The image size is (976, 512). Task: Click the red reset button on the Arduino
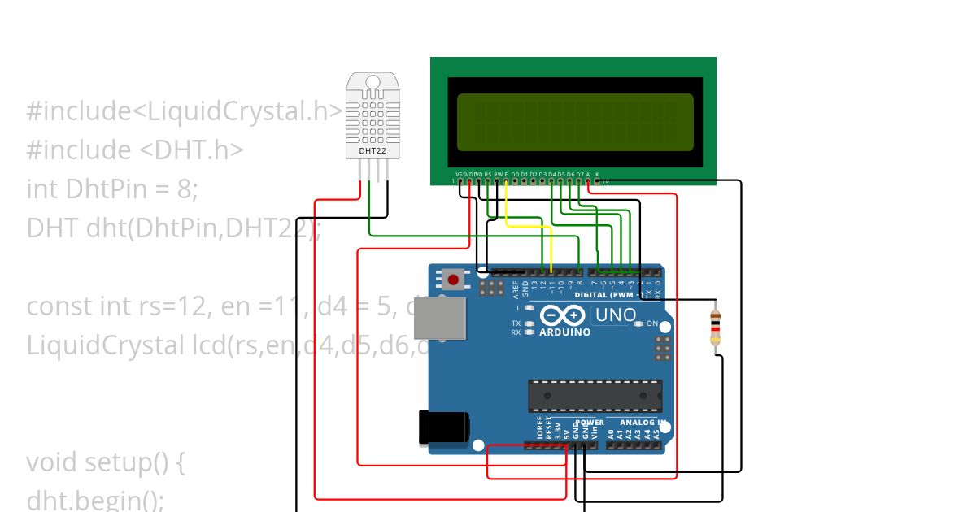(453, 280)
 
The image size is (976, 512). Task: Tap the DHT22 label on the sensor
(373, 150)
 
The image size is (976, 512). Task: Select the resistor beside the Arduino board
(716, 328)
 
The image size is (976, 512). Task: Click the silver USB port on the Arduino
(440, 318)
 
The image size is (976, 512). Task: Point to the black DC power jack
(443, 427)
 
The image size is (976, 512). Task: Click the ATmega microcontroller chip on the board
(595, 395)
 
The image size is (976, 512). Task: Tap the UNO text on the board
(616, 315)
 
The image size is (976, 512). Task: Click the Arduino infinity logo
(561, 315)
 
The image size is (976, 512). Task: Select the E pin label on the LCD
(506, 174)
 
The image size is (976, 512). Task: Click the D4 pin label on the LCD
(551, 174)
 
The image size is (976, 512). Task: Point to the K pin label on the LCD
(597, 174)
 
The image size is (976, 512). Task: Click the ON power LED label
(651, 323)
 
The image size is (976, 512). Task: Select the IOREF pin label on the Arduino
(539, 429)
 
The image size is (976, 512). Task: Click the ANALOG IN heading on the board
(643, 423)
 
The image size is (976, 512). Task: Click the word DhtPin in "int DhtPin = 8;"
(108, 189)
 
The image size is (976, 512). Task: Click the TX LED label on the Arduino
(516, 323)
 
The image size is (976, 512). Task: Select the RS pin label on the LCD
(488, 174)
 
